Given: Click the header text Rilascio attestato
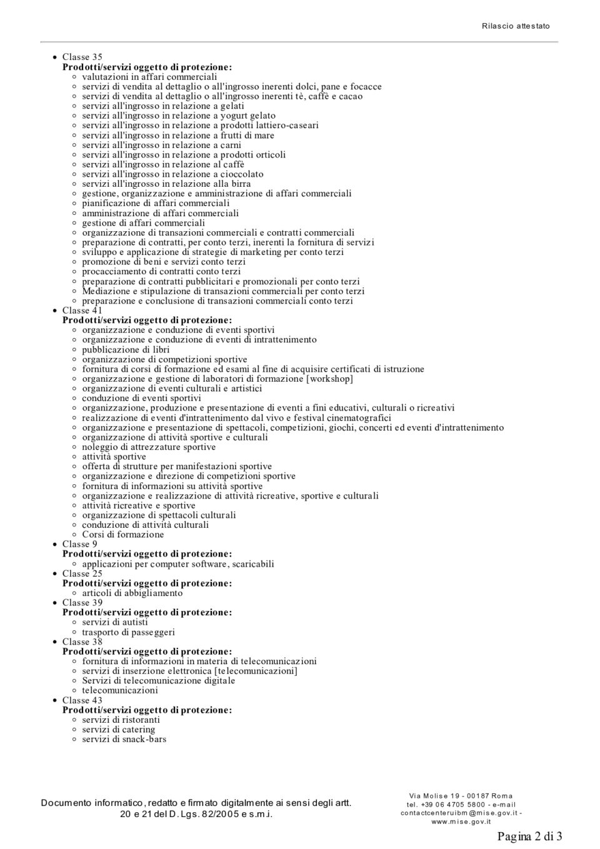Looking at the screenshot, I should pyautogui.click(x=516, y=26).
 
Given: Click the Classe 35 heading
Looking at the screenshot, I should pyautogui.click(x=82, y=57).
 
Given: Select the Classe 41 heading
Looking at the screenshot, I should pyautogui.click(x=82, y=310).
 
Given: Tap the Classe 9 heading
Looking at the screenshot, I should pyautogui.click(x=79, y=544).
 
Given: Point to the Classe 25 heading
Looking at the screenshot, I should pyautogui.click(x=82, y=573).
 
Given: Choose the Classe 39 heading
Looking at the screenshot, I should pyautogui.click(x=82, y=603).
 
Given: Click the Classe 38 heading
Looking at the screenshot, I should pyautogui.click(x=82, y=642).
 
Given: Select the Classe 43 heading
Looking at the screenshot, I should pyautogui.click(x=82, y=700).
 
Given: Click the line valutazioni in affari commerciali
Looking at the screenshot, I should pyautogui.click(x=149, y=77).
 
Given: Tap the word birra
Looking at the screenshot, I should pyautogui.click(x=241, y=184).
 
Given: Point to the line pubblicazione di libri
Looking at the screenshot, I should pyautogui.click(x=126, y=350).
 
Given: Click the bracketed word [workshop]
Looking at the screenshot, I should pyautogui.click(x=329, y=379).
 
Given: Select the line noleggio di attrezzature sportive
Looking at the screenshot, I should pyautogui.click(x=149, y=447).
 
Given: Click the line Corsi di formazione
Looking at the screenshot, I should pyautogui.click(x=122, y=535).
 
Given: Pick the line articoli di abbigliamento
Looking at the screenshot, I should pyautogui.click(x=132, y=593).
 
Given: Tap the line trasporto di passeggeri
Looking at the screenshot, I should pyautogui.click(x=128, y=632).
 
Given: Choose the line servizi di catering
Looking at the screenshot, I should pyautogui.click(x=118, y=730).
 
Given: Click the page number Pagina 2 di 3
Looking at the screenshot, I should pyautogui.click(x=529, y=836).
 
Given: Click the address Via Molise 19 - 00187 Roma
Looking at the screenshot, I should pyautogui.click(x=461, y=796).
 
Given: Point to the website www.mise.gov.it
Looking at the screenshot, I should pyautogui.click(x=461, y=822).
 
